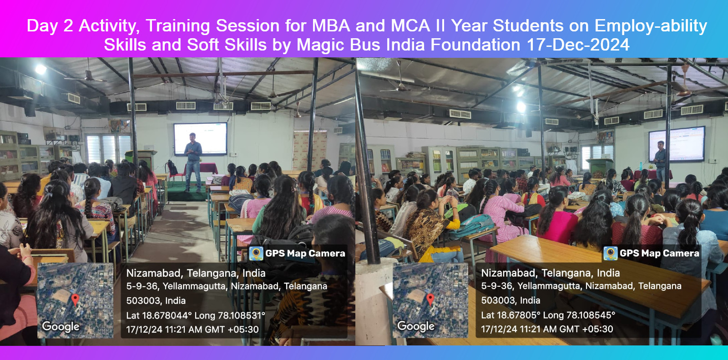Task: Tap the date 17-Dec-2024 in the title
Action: (x=578, y=45)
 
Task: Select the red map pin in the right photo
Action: (x=430, y=299)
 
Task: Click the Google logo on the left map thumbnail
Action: (x=61, y=326)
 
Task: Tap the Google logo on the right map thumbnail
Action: (x=416, y=326)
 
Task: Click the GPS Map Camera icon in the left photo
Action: (x=256, y=254)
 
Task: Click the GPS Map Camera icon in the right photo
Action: (x=610, y=254)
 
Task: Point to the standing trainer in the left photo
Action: (x=193, y=162)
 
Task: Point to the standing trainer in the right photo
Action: (x=660, y=161)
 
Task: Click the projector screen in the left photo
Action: (x=201, y=138)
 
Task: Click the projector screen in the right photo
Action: (x=677, y=144)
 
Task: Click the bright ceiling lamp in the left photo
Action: (x=41, y=69)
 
